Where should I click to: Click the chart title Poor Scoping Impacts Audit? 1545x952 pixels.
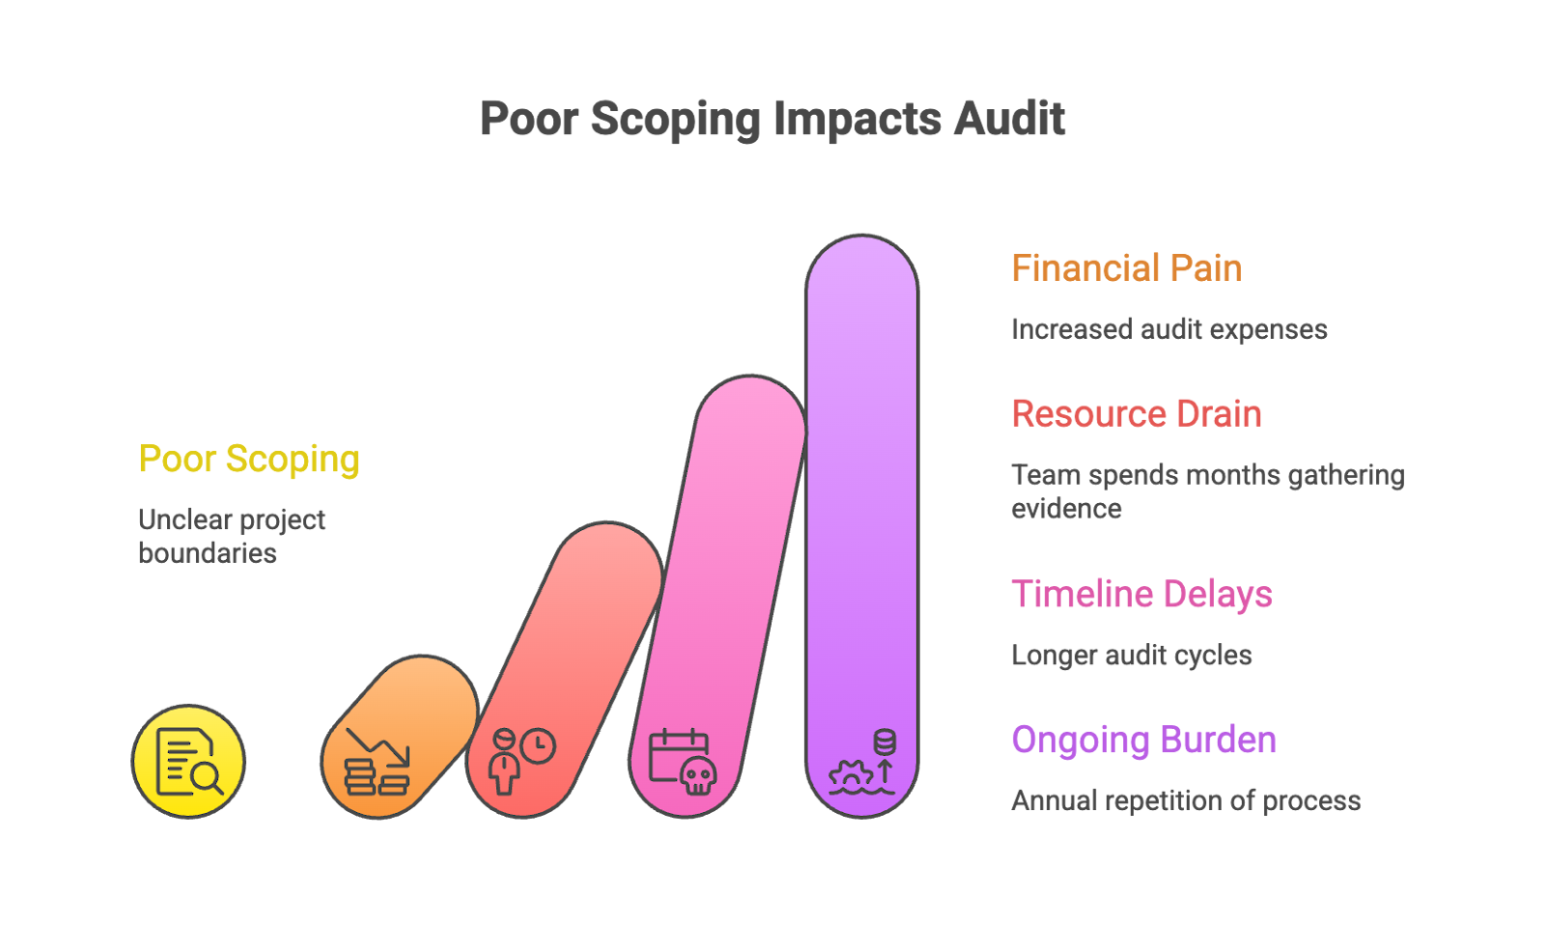point(772,120)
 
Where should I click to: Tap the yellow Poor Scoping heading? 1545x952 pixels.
point(248,460)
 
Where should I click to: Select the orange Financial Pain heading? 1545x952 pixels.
point(1126,268)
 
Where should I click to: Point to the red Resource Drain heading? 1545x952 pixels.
point(1137,414)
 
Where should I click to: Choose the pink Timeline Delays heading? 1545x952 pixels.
point(1141,595)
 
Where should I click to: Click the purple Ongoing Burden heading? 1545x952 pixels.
point(1143,741)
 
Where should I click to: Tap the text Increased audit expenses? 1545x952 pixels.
point(1168,329)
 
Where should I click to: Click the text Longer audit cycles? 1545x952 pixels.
point(1131,656)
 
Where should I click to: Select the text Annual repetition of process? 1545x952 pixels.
point(1185,801)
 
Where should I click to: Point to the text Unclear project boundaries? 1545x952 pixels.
point(232,536)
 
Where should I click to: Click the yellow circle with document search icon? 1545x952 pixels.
point(188,761)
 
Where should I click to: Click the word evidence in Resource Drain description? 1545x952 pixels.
point(1066,509)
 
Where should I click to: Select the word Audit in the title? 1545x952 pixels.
point(1010,120)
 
